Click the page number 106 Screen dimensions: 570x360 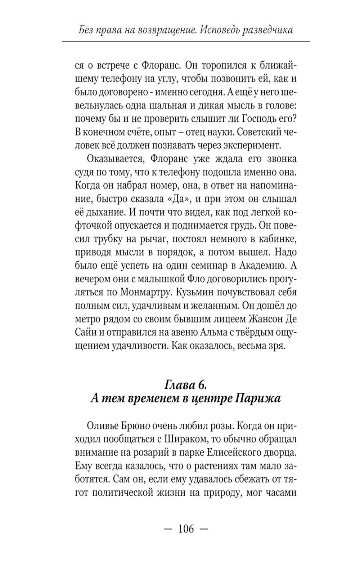pos(186,529)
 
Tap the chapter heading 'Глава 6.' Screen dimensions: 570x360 pos(185,384)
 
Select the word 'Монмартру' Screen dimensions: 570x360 pos(144,292)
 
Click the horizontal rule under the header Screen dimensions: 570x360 pos(185,42)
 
